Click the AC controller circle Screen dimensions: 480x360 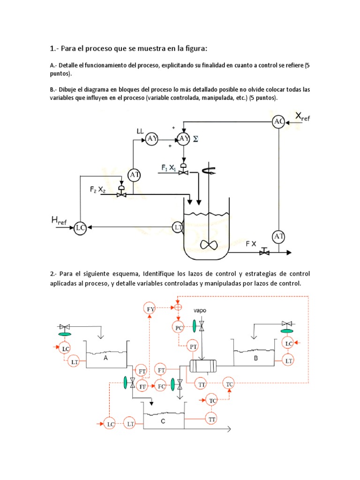coord(279,122)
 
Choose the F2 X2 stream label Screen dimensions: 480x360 coord(100,190)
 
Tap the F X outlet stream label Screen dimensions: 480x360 coord(251,244)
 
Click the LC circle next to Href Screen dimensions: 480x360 coord(80,228)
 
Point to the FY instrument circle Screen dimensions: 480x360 coord(150,308)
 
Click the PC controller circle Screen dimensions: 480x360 coord(180,328)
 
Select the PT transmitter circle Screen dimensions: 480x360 coord(193,346)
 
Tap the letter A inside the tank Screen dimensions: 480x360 coord(105,357)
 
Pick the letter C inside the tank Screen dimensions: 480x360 coord(162,421)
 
